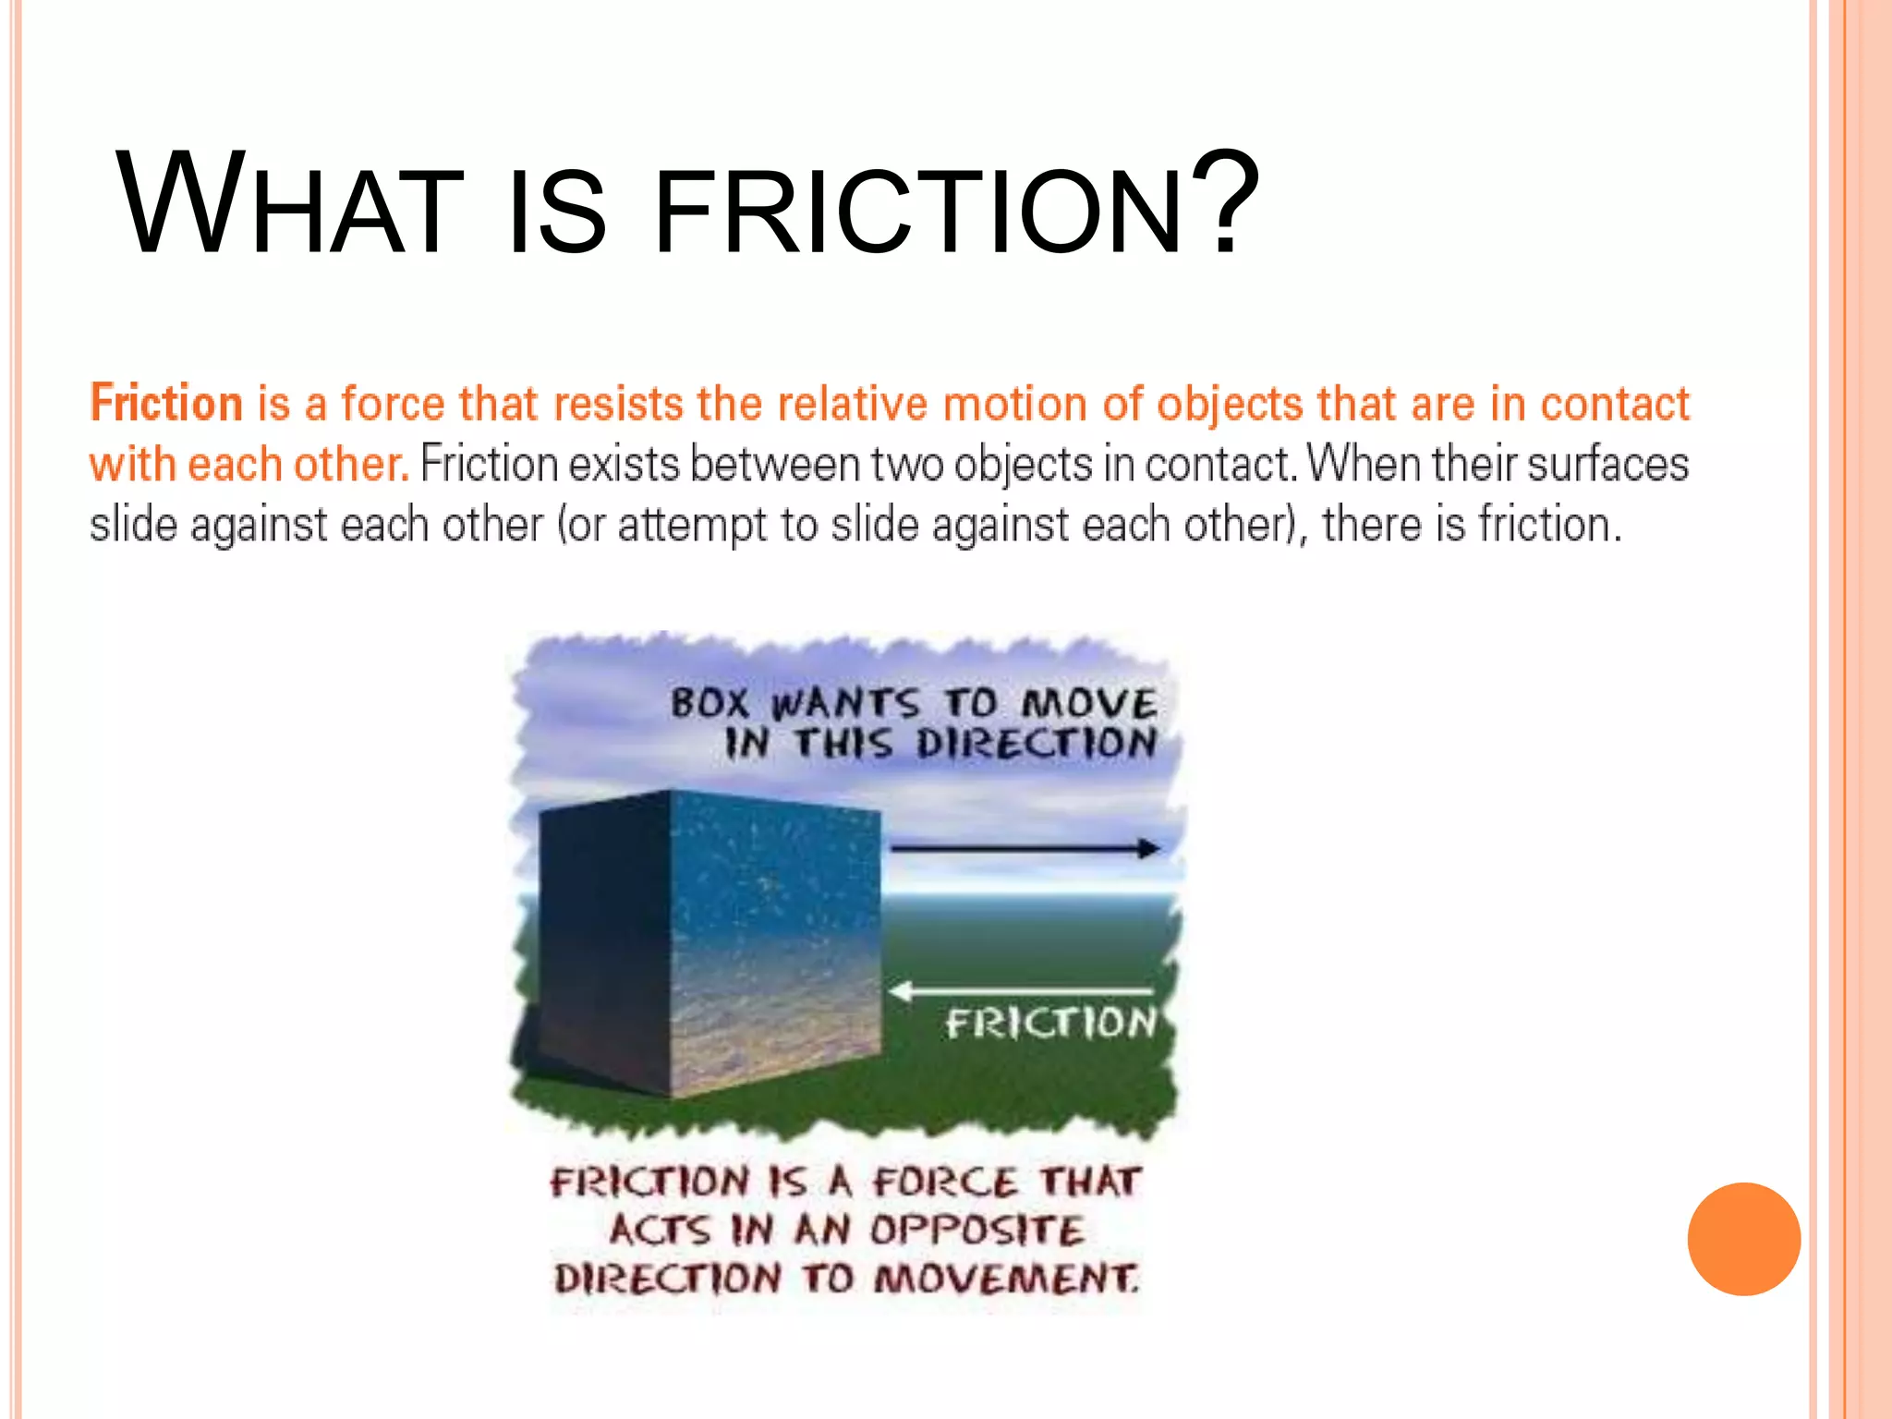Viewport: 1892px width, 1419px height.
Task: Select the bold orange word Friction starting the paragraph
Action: point(166,404)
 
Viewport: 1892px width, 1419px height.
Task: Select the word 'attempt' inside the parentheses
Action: point(692,525)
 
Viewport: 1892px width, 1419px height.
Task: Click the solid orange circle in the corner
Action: point(1743,1238)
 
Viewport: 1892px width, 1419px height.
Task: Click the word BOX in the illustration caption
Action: point(709,703)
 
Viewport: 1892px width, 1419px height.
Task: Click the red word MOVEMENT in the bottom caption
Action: point(1007,1280)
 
